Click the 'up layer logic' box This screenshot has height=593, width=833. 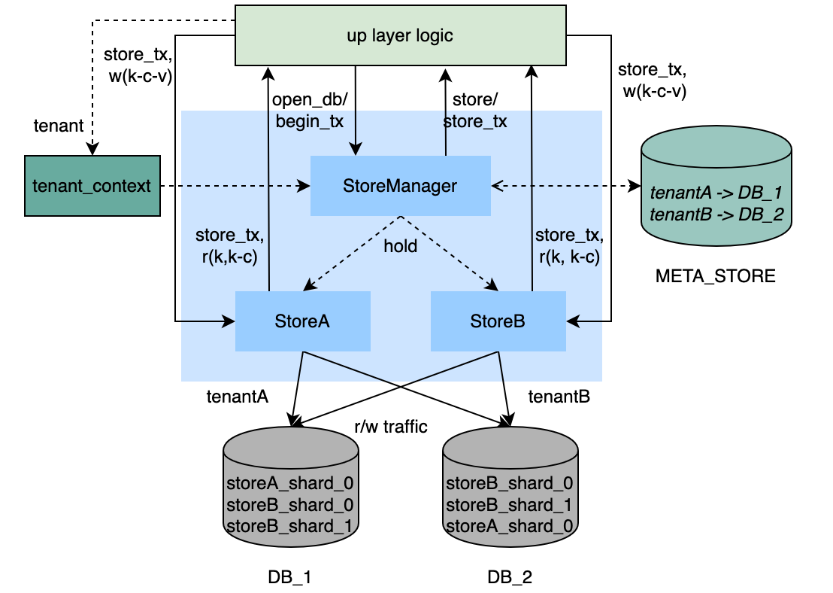(x=400, y=35)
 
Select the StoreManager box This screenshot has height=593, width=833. (x=401, y=185)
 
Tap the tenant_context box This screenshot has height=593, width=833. (x=92, y=186)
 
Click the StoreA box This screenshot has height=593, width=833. (x=302, y=321)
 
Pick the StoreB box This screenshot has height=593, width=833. (x=498, y=321)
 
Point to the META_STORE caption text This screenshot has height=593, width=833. (x=715, y=276)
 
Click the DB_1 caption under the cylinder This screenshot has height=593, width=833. (x=289, y=578)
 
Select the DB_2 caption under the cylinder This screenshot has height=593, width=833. (x=509, y=578)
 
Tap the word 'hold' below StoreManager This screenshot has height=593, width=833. (x=400, y=246)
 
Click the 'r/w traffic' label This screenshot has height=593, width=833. (x=391, y=427)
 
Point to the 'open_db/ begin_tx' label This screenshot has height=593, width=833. (x=308, y=111)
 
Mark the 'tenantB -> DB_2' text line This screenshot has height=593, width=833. (x=715, y=214)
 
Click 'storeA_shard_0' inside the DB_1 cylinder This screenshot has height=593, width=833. (x=290, y=482)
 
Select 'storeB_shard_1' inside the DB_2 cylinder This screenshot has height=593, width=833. (x=510, y=503)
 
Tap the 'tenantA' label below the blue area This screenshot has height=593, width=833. (x=238, y=396)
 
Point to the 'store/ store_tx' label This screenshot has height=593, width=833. (x=474, y=111)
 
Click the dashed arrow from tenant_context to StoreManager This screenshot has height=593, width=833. (x=235, y=185)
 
